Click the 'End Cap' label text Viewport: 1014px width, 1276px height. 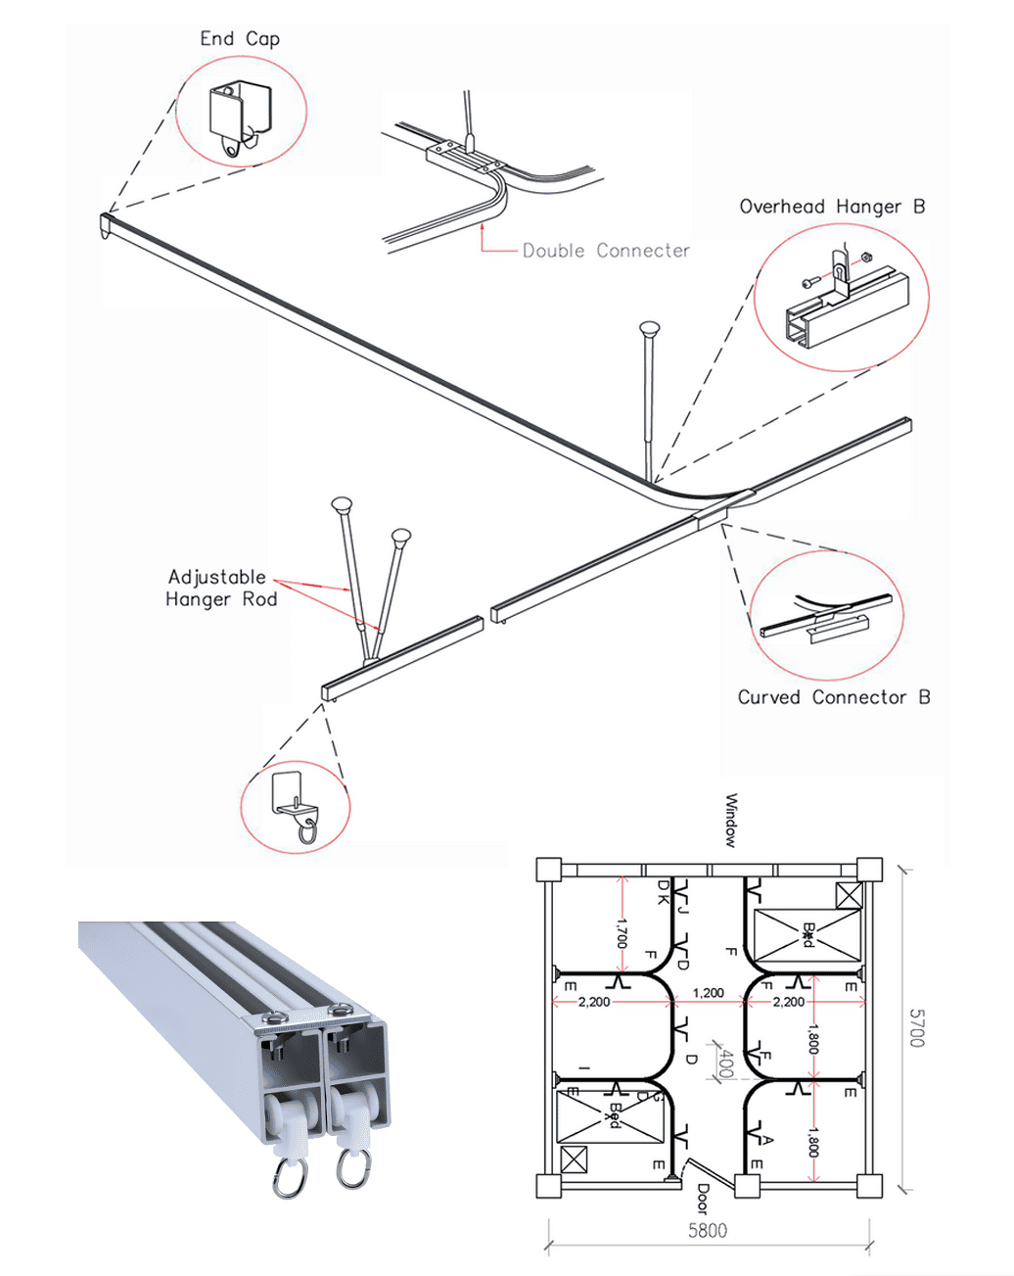point(240,39)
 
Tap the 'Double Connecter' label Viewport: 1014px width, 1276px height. point(606,251)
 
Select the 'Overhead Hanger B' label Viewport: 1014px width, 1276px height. point(831,207)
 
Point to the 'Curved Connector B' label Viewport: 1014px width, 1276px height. point(833,697)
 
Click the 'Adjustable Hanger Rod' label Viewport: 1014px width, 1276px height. point(221,589)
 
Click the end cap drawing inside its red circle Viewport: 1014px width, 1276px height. point(238,116)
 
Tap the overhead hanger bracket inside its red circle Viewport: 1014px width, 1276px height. point(844,299)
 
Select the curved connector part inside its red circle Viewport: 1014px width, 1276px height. point(827,617)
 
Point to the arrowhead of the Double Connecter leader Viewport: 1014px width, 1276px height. point(483,224)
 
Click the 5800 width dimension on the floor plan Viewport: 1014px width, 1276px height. point(707,1230)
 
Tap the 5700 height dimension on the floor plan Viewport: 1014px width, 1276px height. point(916,1028)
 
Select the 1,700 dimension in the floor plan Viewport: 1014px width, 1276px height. point(622,931)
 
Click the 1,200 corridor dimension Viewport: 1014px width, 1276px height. point(708,993)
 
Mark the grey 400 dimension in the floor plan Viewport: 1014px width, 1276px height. point(725,1063)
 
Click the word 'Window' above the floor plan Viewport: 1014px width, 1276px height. point(730,821)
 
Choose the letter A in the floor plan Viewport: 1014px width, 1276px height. point(767,1140)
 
